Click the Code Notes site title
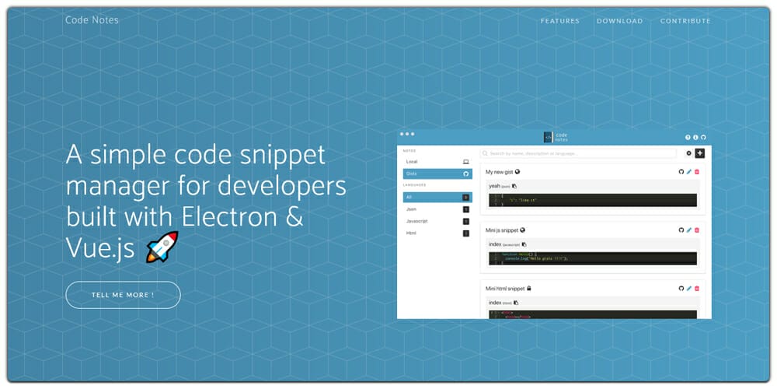(92, 20)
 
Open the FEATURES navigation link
(559, 21)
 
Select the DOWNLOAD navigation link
(619, 21)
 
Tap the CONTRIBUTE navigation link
(685, 21)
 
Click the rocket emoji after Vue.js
(162, 247)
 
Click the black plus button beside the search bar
(699, 153)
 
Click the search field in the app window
(578, 153)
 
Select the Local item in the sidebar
(412, 162)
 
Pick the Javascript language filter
(417, 221)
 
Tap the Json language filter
(411, 209)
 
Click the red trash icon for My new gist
(697, 172)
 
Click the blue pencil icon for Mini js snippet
(689, 230)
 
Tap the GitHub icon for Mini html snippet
(681, 289)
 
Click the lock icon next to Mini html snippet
(529, 289)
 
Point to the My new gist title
(499, 172)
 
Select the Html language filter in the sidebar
(411, 233)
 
